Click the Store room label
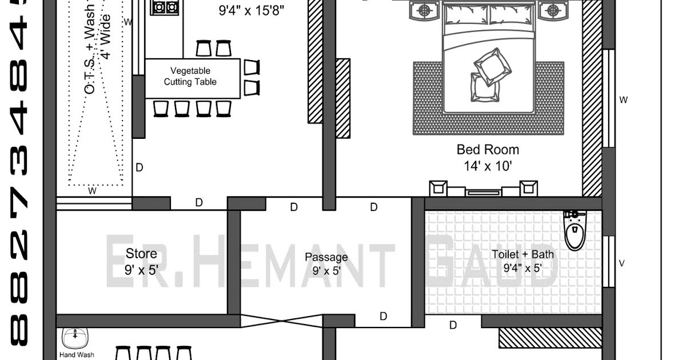click(x=141, y=253)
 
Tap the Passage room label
click(x=326, y=258)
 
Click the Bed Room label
click(x=488, y=150)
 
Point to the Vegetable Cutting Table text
click(x=190, y=76)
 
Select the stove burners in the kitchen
click(x=165, y=7)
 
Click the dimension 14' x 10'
click(x=488, y=166)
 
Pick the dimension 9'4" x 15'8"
click(x=251, y=10)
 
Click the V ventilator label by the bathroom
click(x=622, y=263)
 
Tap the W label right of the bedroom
click(x=624, y=100)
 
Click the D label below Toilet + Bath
click(x=453, y=326)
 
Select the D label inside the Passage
click(x=383, y=316)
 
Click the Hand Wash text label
click(x=77, y=355)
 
